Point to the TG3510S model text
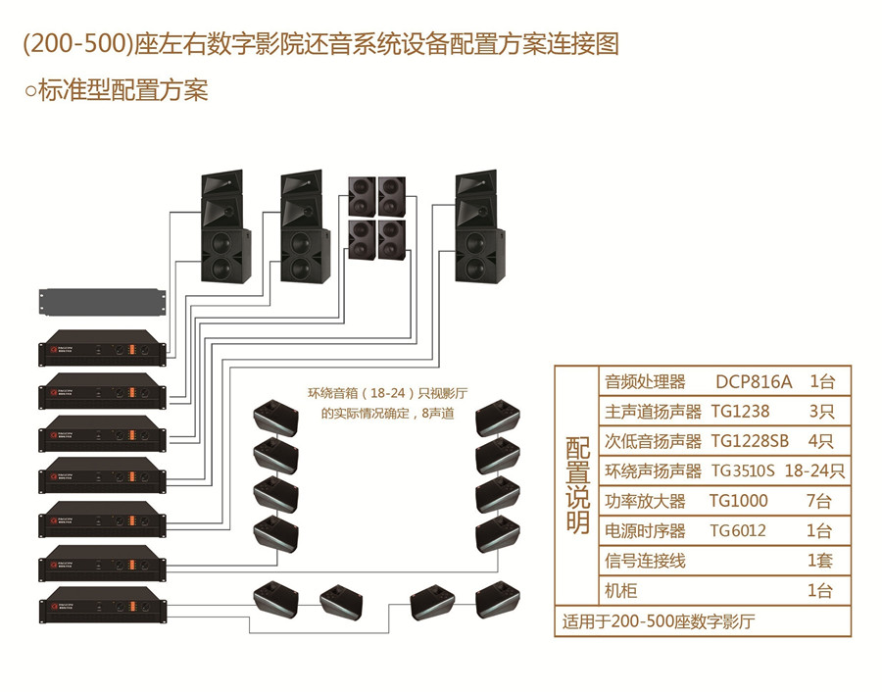pyautogui.click(x=742, y=470)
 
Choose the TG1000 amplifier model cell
pyautogui.click(x=738, y=501)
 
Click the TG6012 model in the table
pyautogui.click(x=738, y=530)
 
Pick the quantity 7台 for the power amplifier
pyautogui.click(x=819, y=501)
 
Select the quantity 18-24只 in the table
pyautogui.click(x=814, y=470)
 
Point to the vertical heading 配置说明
pyautogui.click(x=577, y=485)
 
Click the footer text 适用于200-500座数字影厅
pyautogui.click(x=660, y=621)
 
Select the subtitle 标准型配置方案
pyautogui.click(x=117, y=91)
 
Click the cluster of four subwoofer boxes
pyautogui.click(x=376, y=217)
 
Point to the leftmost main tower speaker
pyautogui.click(x=224, y=227)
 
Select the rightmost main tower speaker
pyautogui.click(x=480, y=227)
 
